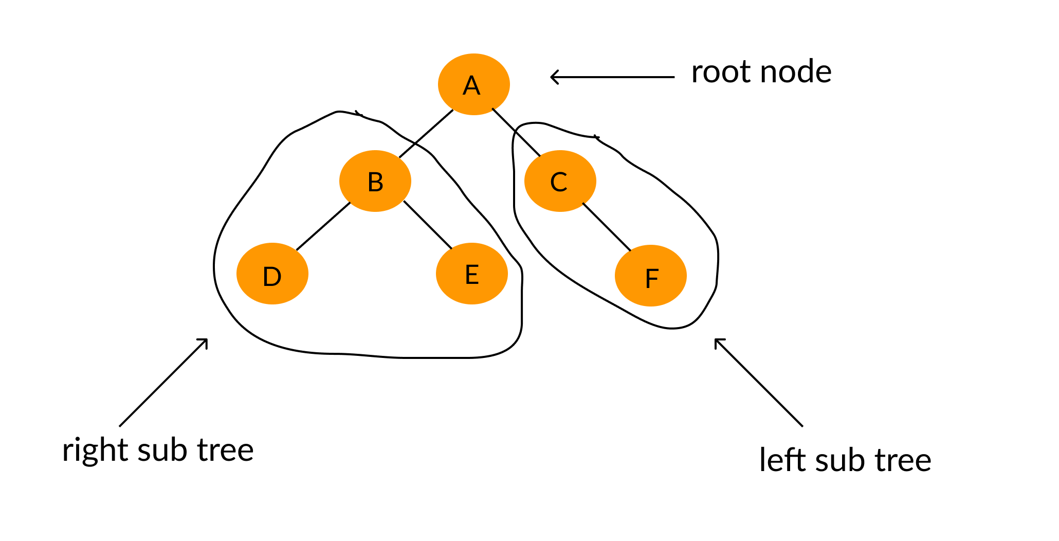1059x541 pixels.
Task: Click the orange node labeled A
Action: pos(473,84)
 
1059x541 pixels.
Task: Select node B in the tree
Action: pos(375,181)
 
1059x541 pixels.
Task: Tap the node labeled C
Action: pos(560,181)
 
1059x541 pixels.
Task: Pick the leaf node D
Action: pos(272,274)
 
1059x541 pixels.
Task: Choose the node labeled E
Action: pos(472,274)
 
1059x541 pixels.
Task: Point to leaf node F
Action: pos(651,276)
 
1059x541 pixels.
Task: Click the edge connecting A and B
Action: pos(426,134)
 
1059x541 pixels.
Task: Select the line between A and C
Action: pos(516,132)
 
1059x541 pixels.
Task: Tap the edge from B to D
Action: pos(323,227)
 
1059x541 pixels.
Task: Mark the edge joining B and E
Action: pos(428,225)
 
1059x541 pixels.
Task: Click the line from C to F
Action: pos(607,227)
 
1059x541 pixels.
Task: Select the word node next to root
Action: pos(796,72)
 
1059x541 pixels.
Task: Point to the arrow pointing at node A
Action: pos(612,77)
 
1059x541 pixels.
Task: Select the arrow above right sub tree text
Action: pos(163,382)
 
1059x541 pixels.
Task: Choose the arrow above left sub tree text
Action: pos(758,382)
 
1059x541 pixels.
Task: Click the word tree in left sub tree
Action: pos(903,460)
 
